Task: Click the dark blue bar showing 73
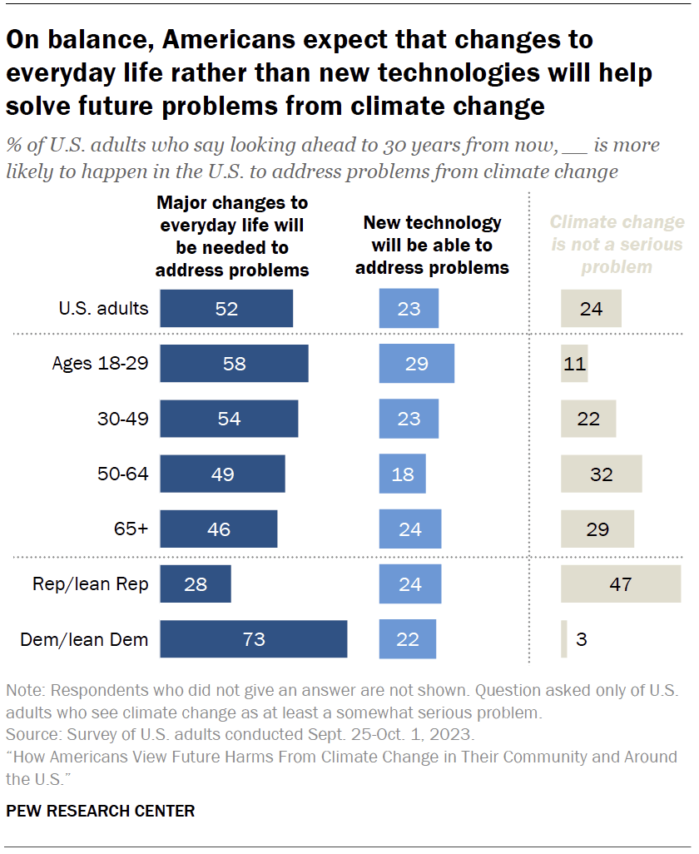click(253, 638)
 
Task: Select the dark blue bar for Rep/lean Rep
click(195, 583)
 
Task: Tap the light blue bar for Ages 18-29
click(416, 363)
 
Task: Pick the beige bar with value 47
click(621, 583)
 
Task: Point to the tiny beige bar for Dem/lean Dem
click(564, 638)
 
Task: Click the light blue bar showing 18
click(402, 474)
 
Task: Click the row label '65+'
click(131, 529)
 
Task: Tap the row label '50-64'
click(122, 474)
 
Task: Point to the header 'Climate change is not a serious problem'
click(617, 245)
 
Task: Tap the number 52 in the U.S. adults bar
click(226, 309)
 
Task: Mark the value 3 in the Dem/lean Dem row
click(580, 639)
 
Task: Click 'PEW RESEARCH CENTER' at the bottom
click(101, 810)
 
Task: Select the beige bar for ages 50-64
click(601, 474)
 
